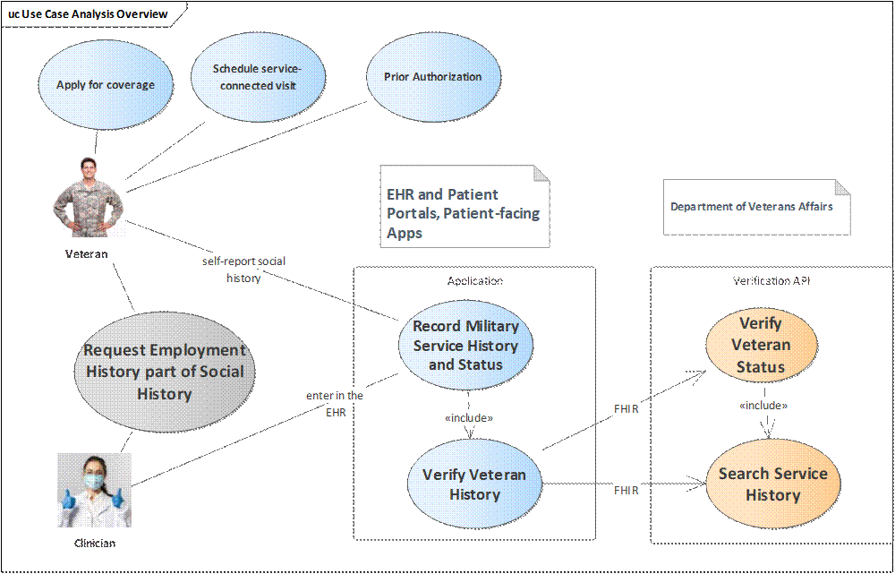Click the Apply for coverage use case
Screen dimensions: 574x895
pyautogui.click(x=105, y=85)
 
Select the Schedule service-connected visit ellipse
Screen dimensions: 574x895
pyautogui.click(x=254, y=77)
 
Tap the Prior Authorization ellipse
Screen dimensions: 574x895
pyautogui.click(x=432, y=77)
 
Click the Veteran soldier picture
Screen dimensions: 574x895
pyautogui.click(x=87, y=196)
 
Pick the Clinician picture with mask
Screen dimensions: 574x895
pyautogui.click(x=95, y=489)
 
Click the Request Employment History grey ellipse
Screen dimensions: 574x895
pyautogui.click(x=164, y=372)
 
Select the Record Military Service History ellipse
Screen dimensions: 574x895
pyautogui.click(x=465, y=346)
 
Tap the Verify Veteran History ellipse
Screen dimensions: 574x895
pyautogui.click(x=474, y=484)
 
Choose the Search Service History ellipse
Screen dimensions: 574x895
pyautogui.click(x=773, y=484)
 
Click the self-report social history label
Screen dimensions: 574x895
pyautogui.click(x=244, y=270)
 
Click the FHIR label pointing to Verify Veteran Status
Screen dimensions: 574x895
pyautogui.click(x=626, y=409)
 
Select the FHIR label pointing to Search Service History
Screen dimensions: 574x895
pyautogui.click(x=626, y=491)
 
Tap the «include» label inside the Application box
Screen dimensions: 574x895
pyautogui.click(x=469, y=418)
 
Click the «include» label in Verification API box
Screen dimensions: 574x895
pyautogui.click(x=763, y=406)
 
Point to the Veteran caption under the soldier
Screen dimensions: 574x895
pyautogui.click(x=87, y=254)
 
